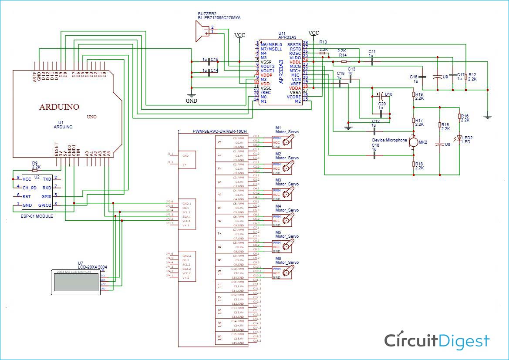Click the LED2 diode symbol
pyautogui.click(x=459, y=138)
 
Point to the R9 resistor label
pyautogui.click(x=35, y=163)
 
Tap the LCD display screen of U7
pyautogui.click(x=76, y=282)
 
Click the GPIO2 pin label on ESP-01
pyautogui.click(x=44, y=205)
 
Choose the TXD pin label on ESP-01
pyautogui.click(x=47, y=179)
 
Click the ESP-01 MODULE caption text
pyautogui.click(x=37, y=216)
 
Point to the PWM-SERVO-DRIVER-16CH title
pyautogui.click(x=219, y=131)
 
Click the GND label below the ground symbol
pyautogui.click(x=191, y=101)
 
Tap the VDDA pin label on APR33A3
pyautogui.click(x=295, y=88)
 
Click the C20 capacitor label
pyautogui.click(x=381, y=104)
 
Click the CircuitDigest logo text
pyautogui.click(x=437, y=340)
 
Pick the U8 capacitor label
pyautogui.click(x=447, y=144)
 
